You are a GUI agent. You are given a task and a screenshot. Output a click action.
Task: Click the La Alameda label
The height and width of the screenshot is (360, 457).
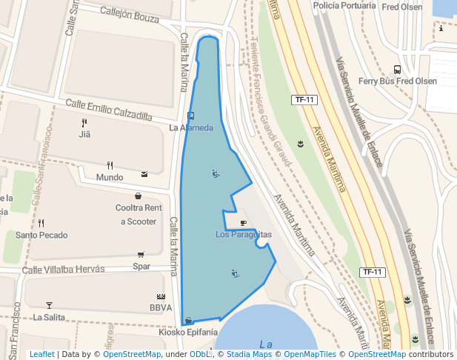pyautogui.click(x=191, y=127)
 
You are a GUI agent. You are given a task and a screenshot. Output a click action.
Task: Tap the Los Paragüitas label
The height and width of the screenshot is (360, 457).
pyautogui.click(x=244, y=235)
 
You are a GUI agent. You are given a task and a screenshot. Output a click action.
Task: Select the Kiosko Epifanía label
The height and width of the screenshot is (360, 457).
pyautogui.click(x=188, y=333)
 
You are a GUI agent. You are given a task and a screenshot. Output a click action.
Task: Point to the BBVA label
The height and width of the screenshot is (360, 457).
pyautogui.click(x=160, y=307)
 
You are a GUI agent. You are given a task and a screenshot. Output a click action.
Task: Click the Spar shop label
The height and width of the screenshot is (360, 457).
pyautogui.click(x=141, y=266)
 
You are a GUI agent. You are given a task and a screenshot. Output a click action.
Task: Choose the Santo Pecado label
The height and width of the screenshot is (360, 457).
pyautogui.click(x=41, y=236)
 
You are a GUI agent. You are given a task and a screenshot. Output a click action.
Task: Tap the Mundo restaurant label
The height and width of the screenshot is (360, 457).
pyautogui.click(x=110, y=178)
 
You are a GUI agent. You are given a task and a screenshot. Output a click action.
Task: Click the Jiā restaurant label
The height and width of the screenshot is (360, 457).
pyautogui.click(x=84, y=135)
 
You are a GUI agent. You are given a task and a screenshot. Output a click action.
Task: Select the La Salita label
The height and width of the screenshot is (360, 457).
pyautogui.click(x=49, y=318)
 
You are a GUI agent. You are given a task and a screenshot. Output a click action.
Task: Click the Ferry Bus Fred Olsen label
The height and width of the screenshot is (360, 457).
pyautogui.click(x=397, y=81)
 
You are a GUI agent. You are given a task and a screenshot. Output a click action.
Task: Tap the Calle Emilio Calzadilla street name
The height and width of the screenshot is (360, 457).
pyautogui.click(x=108, y=110)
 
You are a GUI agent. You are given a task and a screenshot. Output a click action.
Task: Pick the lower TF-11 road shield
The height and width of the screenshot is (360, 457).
pyautogui.click(x=373, y=273)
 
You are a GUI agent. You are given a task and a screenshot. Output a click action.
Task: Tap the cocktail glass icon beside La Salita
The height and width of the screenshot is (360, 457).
pyautogui.click(x=50, y=304)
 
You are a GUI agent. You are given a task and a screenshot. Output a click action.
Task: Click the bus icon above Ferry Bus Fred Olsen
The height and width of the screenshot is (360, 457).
pyautogui.click(x=397, y=69)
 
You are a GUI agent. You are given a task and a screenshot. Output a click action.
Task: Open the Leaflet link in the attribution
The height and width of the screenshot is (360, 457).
pyautogui.click(x=41, y=355)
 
